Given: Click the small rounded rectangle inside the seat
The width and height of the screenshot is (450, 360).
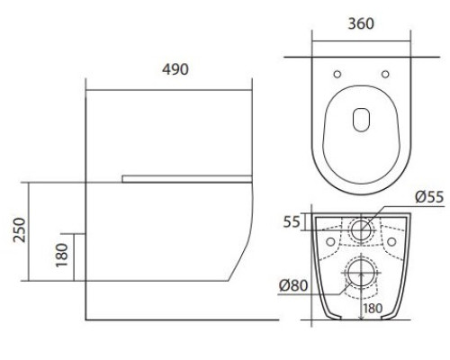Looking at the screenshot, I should click(361, 119).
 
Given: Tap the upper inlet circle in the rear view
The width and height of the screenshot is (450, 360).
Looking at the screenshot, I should click(362, 228).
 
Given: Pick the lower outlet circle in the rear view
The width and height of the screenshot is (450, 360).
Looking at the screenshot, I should click(362, 274).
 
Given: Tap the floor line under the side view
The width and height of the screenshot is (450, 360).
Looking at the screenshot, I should click(180, 319).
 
